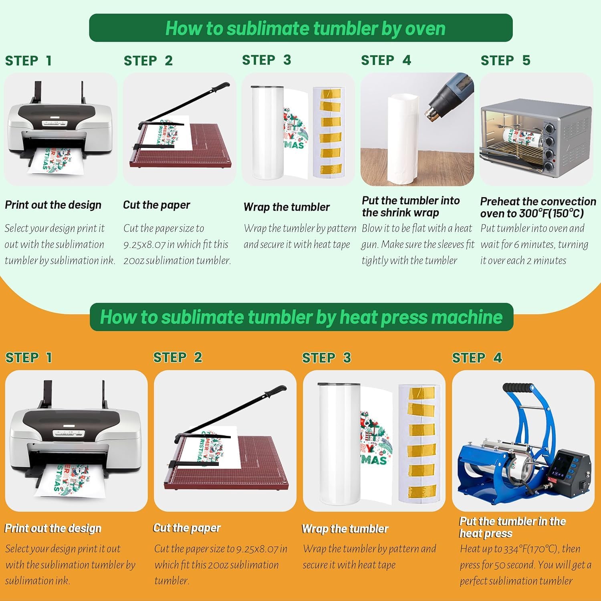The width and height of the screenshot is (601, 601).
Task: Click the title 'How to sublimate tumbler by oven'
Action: click(305, 28)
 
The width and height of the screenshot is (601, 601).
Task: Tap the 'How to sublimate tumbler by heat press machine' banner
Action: click(301, 317)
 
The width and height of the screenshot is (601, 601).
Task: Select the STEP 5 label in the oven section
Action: click(505, 60)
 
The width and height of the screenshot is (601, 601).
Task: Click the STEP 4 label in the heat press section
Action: click(477, 357)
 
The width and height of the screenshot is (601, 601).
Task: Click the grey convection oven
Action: click(536, 138)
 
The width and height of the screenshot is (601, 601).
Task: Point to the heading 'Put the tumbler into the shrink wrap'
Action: click(411, 206)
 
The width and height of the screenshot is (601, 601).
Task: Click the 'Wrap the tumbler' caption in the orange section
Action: click(345, 529)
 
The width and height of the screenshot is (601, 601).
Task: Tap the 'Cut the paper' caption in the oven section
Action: click(157, 205)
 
